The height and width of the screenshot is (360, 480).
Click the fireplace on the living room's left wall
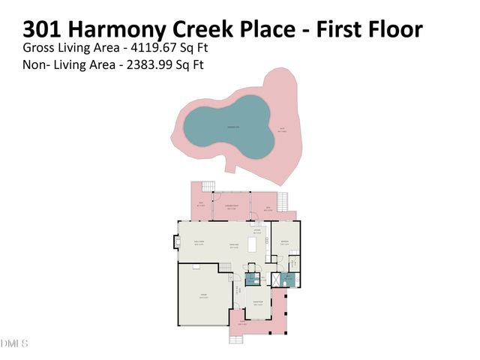177,241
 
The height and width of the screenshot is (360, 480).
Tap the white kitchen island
253,245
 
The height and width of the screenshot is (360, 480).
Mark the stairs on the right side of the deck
283,201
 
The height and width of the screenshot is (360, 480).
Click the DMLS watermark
14,343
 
